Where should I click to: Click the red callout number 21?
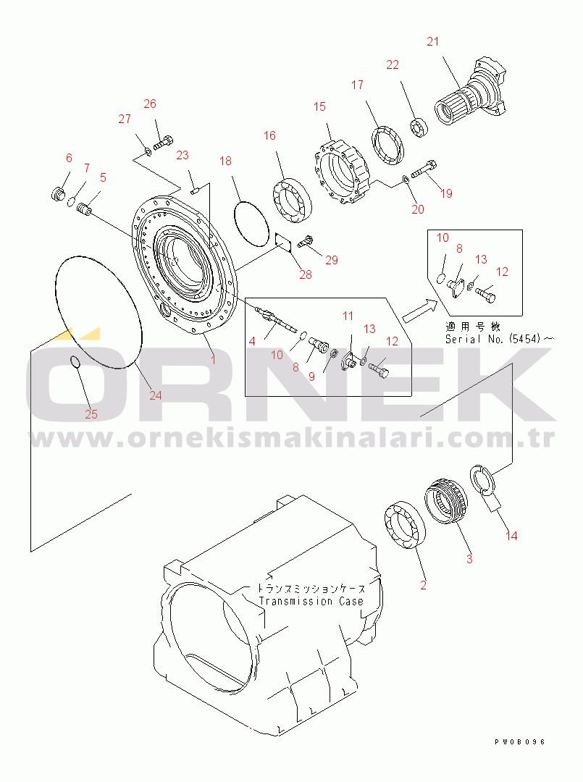pos(432,41)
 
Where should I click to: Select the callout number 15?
pos(319,106)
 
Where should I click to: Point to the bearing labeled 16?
pos(292,200)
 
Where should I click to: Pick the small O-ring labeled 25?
pos(74,362)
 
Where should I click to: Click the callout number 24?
pos(156,395)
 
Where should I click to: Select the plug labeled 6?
pos(59,193)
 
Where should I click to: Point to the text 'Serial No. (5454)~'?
pos(499,339)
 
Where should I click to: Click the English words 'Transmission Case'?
pos(311,602)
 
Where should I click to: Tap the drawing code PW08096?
pos(520,741)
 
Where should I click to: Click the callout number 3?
pos(469,558)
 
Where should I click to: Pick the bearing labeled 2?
pos(404,525)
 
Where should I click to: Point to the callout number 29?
pos(332,259)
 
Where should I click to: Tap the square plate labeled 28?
pos(285,243)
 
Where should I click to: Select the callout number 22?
pos(393,64)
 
